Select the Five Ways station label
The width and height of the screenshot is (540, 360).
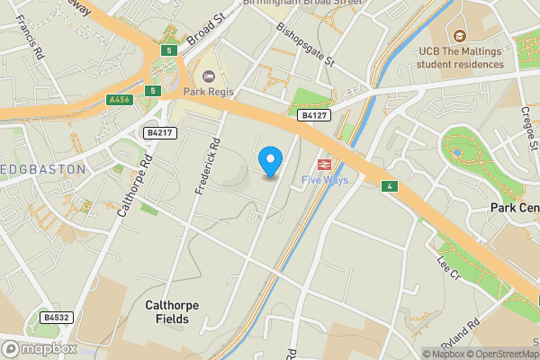[325, 180]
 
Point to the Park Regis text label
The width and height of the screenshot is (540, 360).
[209, 92]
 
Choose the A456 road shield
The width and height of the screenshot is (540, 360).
[118, 100]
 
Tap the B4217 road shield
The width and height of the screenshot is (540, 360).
[158, 133]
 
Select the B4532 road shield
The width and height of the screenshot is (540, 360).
[55, 317]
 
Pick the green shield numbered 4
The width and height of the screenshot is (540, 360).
[389, 186]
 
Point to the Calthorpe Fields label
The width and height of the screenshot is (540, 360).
[172, 311]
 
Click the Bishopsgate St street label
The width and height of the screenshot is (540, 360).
[305, 46]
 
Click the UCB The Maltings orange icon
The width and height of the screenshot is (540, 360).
[459, 37]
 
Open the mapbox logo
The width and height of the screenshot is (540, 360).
[38, 348]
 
